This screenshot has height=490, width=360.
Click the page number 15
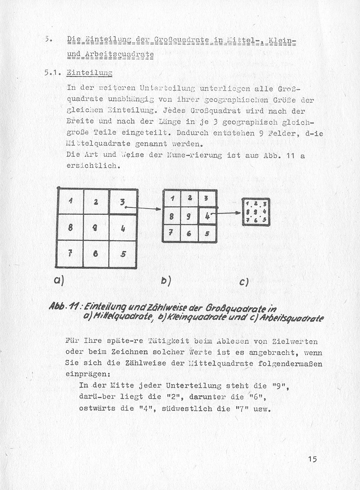coord(312,460)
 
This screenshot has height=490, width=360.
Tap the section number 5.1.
coord(52,72)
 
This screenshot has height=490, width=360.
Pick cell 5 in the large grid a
coord(123,253)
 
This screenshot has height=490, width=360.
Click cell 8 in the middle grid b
coord(171,216)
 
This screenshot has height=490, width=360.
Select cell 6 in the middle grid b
coord(189,234)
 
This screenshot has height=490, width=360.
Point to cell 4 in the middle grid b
coord(207,216)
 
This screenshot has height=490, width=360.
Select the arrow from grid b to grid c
coord(227,213)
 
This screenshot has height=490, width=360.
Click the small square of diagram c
coord(256,211)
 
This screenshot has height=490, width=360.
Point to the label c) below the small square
coord(244,281)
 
